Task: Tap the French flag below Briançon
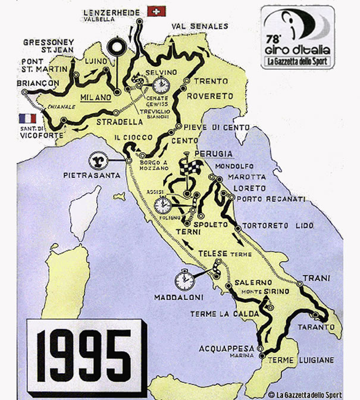coord(27,118)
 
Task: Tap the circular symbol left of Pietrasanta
coord(97,161)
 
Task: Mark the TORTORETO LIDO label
coord(276,226)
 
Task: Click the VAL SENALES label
coord(199,26)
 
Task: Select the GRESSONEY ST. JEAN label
coord(48,46)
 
